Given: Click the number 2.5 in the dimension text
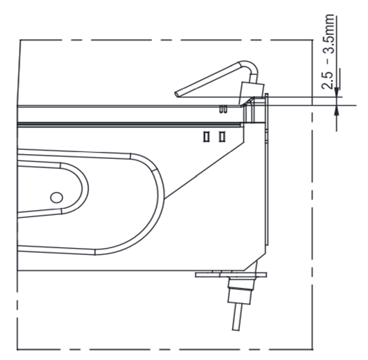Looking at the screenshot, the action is [327, 79].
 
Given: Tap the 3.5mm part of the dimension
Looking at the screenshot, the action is [327, 34].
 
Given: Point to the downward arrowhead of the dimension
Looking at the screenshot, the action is [336, 92].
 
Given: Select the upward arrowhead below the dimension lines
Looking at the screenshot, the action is [336, 110].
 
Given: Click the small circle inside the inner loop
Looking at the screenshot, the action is [57, 198].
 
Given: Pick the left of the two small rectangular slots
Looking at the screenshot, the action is [206, 137].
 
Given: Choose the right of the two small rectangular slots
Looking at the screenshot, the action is [222, 137].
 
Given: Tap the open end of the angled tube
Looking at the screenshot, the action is [177, 95].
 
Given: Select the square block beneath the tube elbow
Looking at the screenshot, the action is [252, 90].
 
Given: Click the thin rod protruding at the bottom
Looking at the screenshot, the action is [237, 317].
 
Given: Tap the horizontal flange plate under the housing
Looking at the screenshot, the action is [231, 275].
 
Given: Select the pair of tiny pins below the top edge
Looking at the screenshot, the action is [223, 109].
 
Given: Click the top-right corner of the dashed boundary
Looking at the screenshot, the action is [313, 40].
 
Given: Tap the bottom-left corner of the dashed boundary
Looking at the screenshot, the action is [18, 349].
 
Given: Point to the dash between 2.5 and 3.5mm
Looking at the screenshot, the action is [328, 62].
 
